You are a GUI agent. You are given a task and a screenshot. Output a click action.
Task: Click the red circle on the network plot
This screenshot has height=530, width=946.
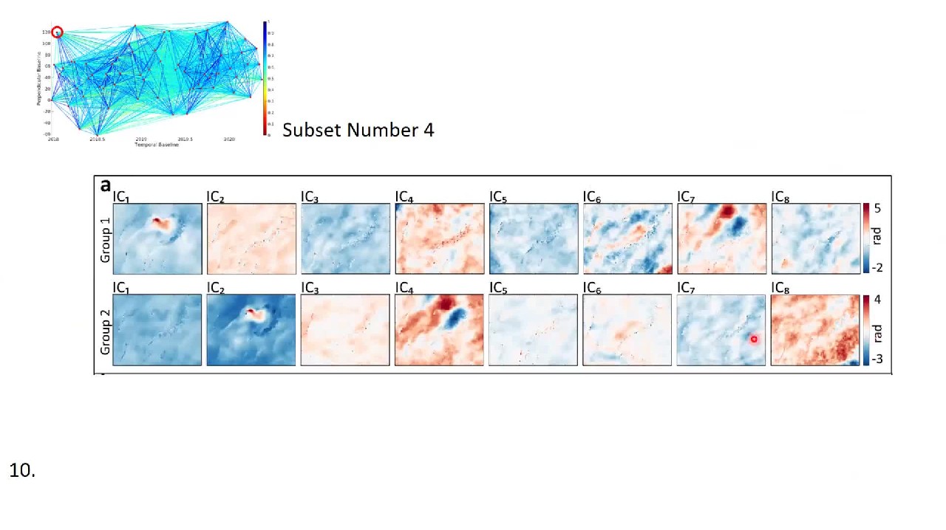(x=57, y=32)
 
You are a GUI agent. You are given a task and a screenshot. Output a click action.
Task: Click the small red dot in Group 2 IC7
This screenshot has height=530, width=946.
(x=754, y=340)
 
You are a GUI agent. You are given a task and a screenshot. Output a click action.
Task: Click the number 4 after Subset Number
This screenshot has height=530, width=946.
(x=429, y=130)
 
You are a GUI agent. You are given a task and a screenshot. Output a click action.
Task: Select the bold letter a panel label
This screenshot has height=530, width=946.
(x=105, y=186)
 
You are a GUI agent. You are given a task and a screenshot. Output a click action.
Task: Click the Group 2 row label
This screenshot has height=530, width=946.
(x=105, y=331)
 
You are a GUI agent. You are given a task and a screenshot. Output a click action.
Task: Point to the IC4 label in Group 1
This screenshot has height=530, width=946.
(x=404, y=197)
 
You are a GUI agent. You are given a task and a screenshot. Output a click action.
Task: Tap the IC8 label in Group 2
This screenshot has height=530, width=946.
(x=780, y=288)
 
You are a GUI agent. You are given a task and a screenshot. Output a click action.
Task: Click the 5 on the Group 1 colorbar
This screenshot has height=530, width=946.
(x=877, y=209)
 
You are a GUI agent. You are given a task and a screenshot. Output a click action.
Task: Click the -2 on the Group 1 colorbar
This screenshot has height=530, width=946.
(x=877, y=268)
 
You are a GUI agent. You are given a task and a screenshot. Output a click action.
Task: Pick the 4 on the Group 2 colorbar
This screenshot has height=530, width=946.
(x=877, y=300)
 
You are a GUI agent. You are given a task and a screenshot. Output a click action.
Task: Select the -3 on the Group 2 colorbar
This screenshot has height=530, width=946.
(x=877, y=359)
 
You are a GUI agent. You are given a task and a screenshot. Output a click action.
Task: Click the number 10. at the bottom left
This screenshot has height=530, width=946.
(x=22, y=470)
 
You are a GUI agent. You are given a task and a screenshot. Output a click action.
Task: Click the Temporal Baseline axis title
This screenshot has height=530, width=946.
(x=157, y=145)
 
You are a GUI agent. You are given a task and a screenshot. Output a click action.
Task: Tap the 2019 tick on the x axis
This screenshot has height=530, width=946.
(x=140, y=139)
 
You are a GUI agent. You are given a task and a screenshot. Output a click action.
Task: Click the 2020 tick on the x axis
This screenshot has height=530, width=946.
(x=229, y=139)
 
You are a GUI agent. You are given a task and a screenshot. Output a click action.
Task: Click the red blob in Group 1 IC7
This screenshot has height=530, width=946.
(x=726, y=213)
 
